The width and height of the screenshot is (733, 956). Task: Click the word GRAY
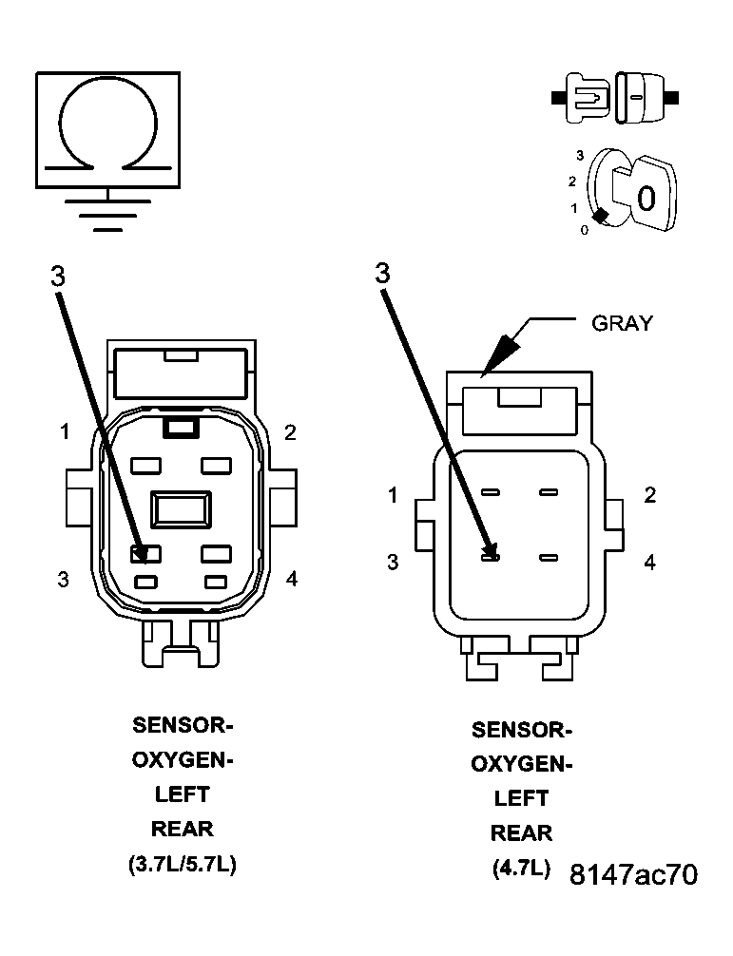(623, 323)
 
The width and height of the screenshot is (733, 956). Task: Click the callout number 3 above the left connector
(58, 276)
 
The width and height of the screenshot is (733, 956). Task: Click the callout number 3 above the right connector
(382, 274)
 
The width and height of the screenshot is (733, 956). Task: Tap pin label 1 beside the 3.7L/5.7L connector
(65, 432)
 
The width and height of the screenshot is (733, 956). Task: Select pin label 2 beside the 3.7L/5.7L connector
(290, 432)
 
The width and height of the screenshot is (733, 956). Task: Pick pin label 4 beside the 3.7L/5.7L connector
(292, 578)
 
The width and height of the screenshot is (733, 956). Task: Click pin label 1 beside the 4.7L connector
(393, 495)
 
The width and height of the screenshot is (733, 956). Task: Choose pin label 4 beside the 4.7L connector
(649, 563)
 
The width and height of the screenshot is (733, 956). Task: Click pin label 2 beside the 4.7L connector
(649, 495)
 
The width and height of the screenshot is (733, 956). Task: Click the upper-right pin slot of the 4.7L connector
(548, 493)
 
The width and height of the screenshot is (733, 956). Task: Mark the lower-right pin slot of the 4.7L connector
(548, 558)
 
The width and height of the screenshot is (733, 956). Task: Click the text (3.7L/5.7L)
(182, 866)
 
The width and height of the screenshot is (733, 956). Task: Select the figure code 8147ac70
(633, 874)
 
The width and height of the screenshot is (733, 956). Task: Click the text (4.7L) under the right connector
(521, 868)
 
